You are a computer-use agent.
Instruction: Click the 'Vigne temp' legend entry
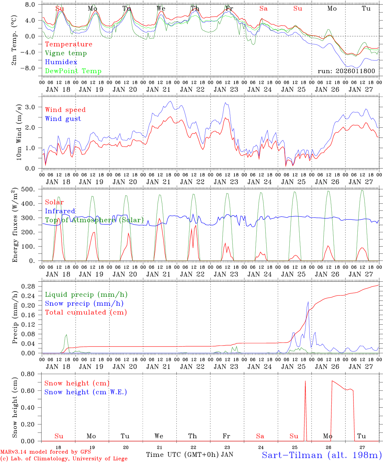(66, 53)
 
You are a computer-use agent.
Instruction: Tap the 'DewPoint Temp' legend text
(73, 71)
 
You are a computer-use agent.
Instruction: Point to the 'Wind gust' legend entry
(63, 119)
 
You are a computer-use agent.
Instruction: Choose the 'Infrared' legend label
(60, 211)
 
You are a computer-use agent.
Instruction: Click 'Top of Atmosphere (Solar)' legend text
(94, 220)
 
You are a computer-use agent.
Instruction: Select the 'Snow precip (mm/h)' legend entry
(84, 304)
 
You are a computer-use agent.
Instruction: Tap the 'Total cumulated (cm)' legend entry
(86, 312)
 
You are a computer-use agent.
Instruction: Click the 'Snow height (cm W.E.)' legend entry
(86, 392)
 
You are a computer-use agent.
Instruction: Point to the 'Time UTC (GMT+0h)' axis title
(183, 455)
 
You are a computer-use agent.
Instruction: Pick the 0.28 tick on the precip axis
(28, 286)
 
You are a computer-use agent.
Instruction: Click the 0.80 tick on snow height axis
(28, 374)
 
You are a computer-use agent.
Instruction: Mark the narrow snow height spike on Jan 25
(305, 382)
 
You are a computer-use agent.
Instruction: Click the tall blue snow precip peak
(308, 302)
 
